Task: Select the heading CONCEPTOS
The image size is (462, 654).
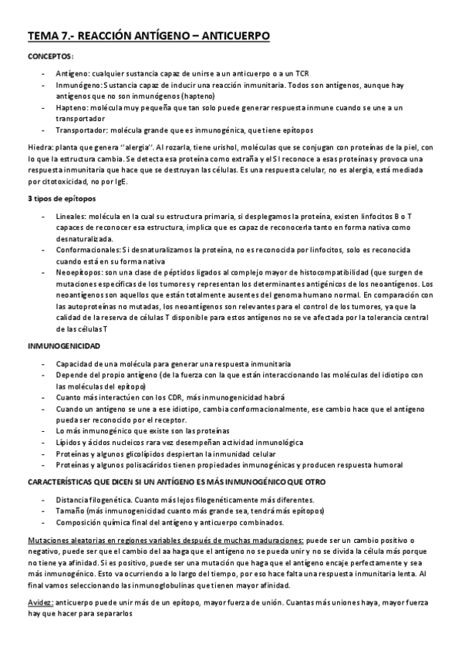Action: coord(50,58)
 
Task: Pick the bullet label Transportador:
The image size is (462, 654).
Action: coord(85,130)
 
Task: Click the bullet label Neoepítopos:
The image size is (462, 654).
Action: coord(81,271)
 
